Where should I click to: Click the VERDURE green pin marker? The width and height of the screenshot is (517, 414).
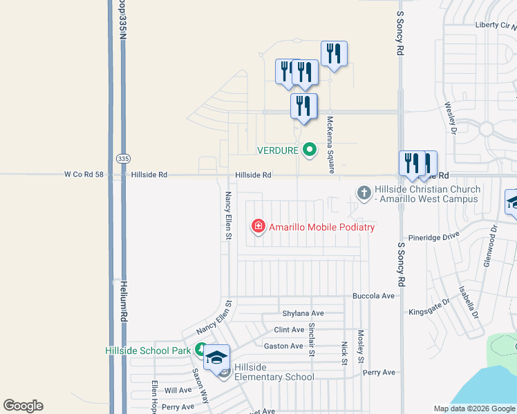pos(310,149)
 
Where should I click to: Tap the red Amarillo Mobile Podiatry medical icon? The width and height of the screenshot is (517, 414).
pos(258,226)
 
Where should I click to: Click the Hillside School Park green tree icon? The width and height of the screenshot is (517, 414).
pos(200,350)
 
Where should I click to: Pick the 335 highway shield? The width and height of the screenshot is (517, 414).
pos(123,159)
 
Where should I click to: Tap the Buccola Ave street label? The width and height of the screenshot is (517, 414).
pos(373,296)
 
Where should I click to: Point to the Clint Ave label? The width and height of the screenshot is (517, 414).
pos(289,330)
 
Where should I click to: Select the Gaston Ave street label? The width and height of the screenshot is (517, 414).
pos(283,346)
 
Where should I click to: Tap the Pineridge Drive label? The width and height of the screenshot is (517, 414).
pos(433,236)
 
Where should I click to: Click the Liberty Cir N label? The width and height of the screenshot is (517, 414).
pos(495,26)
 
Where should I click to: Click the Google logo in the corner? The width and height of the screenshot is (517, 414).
pos(23,406)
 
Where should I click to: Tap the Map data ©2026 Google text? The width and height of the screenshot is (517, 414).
pos(474,408)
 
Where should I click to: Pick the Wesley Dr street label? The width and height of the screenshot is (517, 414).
pos(450,117)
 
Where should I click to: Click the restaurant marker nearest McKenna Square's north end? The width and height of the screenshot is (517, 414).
pos(334,54)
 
